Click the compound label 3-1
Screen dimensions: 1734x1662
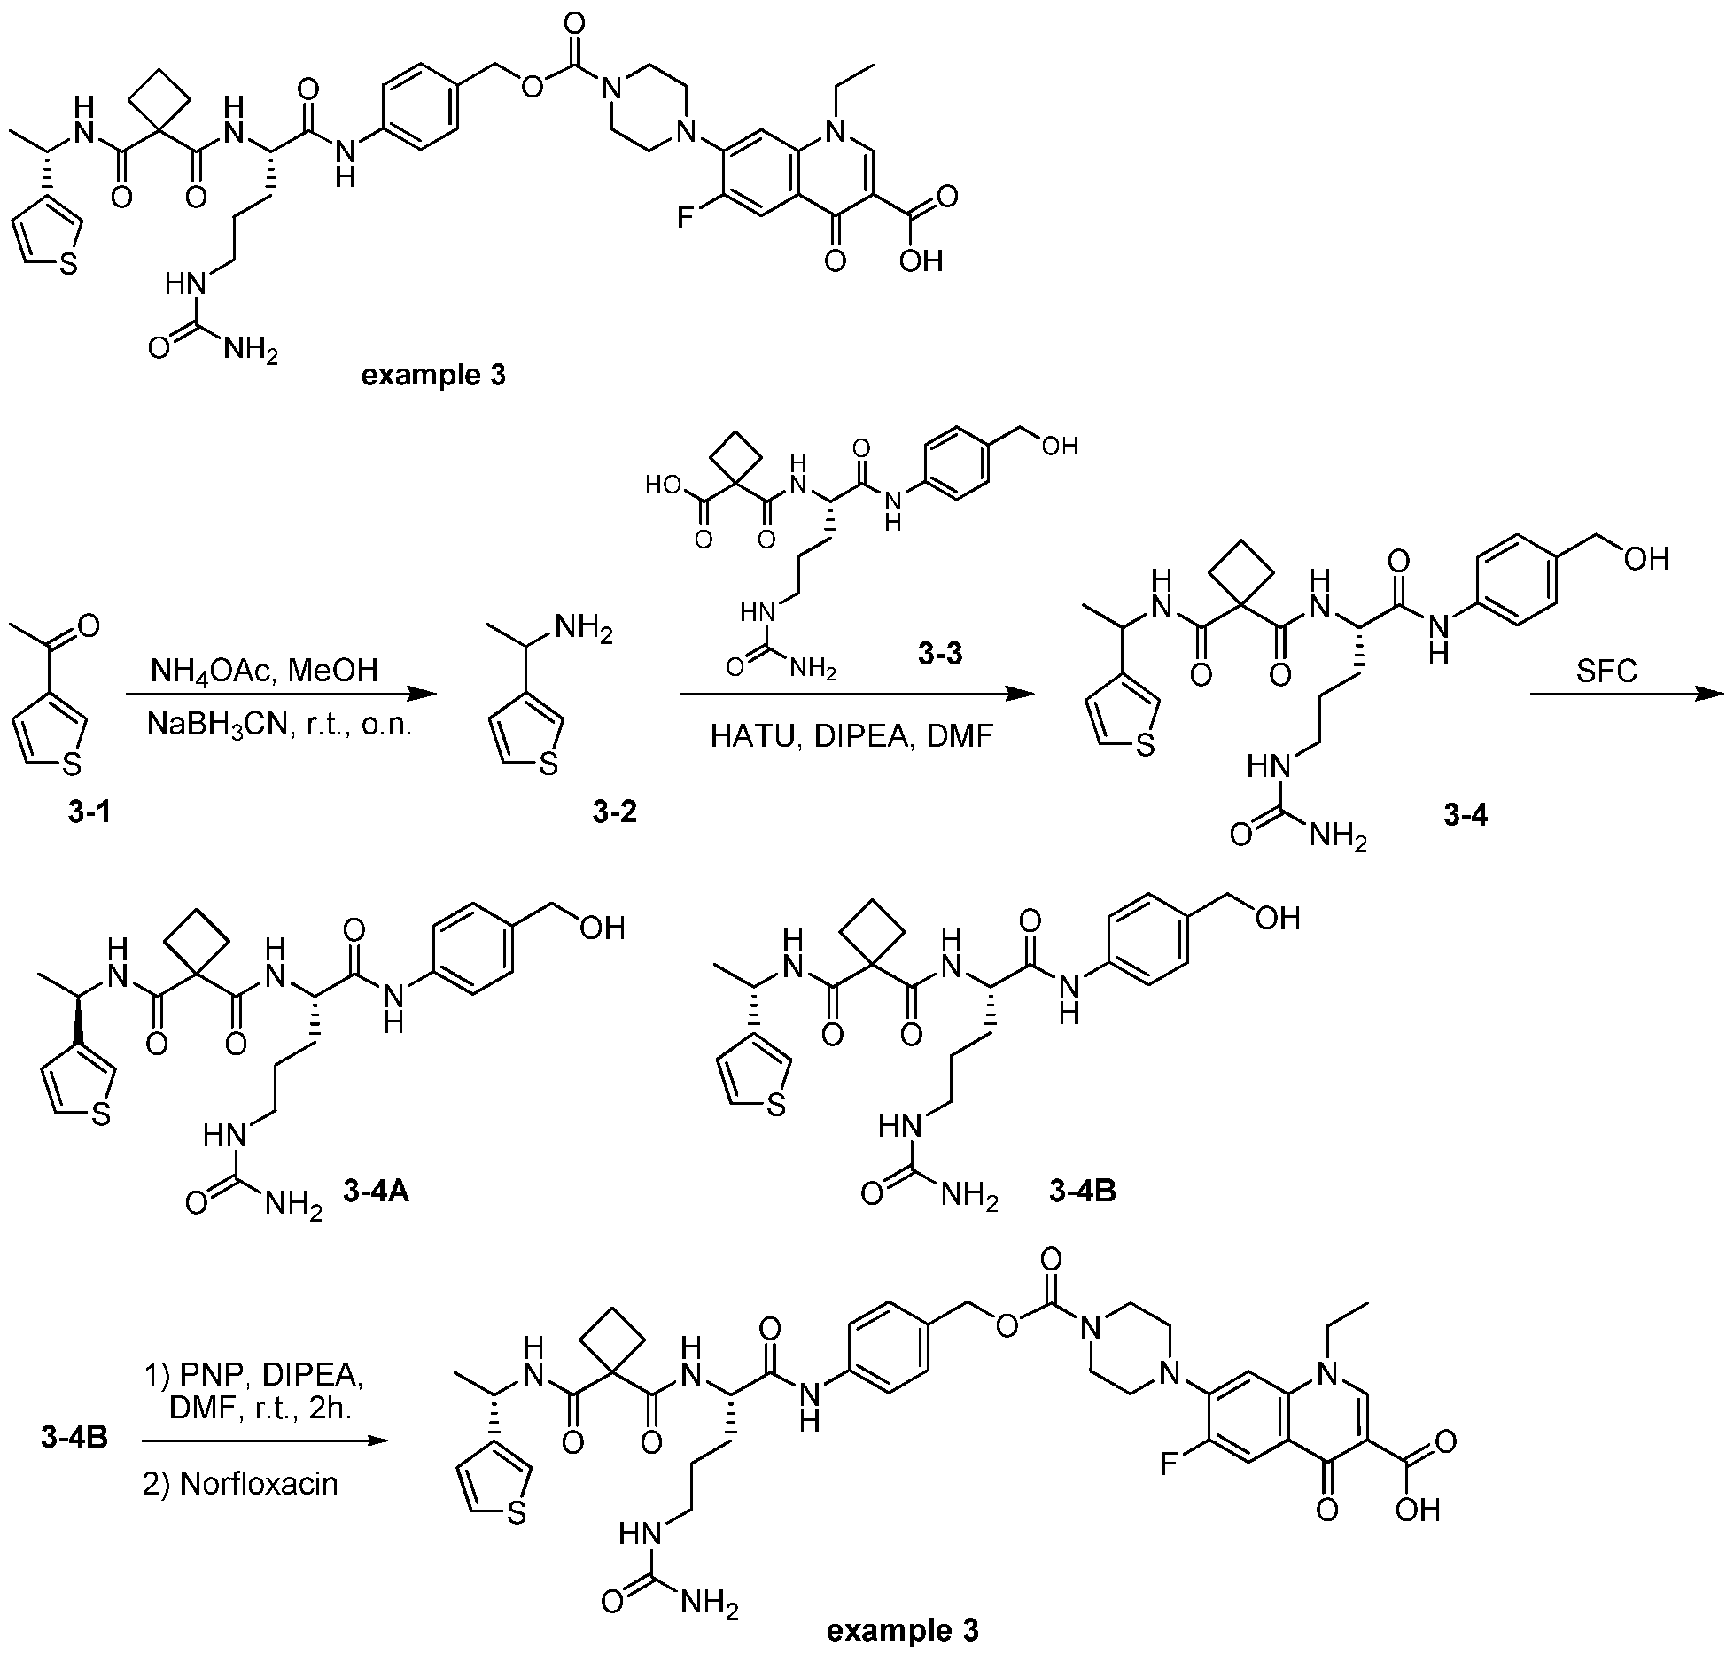coord(89,811)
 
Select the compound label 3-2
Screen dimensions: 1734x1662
coord(615,811)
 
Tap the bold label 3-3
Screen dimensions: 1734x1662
coord(941,656)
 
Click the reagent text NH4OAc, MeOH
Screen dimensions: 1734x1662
coord(277,670)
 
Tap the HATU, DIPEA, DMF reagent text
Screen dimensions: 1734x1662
coord(851,735)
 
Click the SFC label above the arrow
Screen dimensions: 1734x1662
coord(1606,671)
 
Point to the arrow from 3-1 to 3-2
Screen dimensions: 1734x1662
coord(282,695)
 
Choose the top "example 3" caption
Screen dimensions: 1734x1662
coord(435,375)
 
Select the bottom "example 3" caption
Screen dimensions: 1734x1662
coord(902,1629)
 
